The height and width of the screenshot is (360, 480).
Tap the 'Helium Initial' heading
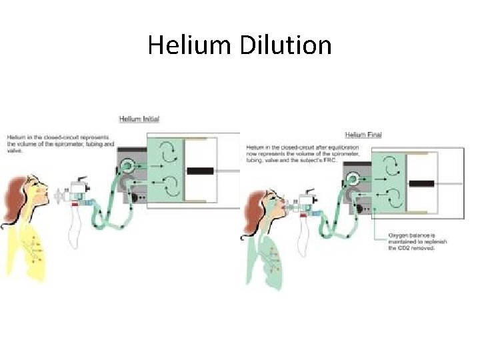coord(139,119)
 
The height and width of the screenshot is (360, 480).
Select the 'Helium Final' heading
coord(363,135)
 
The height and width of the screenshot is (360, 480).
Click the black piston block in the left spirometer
coord(200,171)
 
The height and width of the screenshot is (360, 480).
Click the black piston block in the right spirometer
coord(421,183)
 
